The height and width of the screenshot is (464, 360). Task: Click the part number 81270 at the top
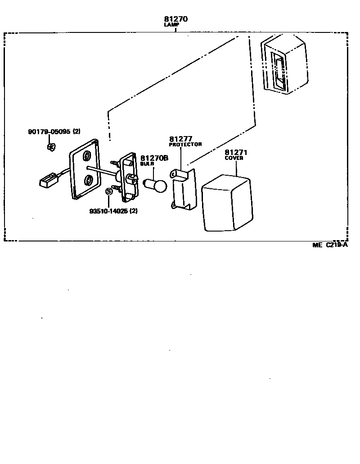175,19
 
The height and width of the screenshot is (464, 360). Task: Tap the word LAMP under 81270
171,25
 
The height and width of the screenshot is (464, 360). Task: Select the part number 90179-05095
48,132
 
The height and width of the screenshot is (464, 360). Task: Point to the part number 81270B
154,158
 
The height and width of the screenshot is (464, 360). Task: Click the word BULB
147,164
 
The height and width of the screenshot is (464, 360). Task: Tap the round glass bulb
156,184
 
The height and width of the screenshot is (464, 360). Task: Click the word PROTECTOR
185,145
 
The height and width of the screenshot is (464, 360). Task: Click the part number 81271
236,152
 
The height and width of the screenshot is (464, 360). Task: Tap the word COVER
234,158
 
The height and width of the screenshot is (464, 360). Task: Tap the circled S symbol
108,191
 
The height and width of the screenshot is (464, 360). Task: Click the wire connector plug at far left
47,181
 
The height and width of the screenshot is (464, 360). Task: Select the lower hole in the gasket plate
89,181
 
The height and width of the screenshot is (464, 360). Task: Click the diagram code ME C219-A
330,245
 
